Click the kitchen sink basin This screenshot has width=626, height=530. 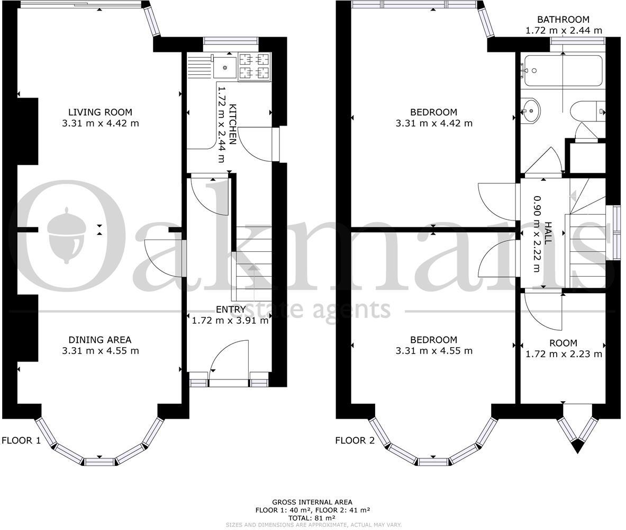coord(226,67)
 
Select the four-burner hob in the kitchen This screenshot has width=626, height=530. coord(255,67)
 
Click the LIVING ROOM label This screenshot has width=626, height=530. coord(100,112)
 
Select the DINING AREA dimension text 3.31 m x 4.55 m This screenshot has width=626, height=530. coord(100,351)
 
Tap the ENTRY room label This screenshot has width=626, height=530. coord(231,310)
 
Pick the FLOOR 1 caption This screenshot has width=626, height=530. coord(21,440)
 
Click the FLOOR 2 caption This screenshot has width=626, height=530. coord(355,440)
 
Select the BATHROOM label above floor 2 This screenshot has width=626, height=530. coord(563,20)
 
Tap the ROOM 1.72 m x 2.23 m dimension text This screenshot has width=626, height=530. coord(563,354)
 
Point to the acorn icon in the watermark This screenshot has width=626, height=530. coord(67,233)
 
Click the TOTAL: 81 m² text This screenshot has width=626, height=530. coord(312,518)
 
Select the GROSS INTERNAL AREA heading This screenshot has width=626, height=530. coord(312,502)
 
